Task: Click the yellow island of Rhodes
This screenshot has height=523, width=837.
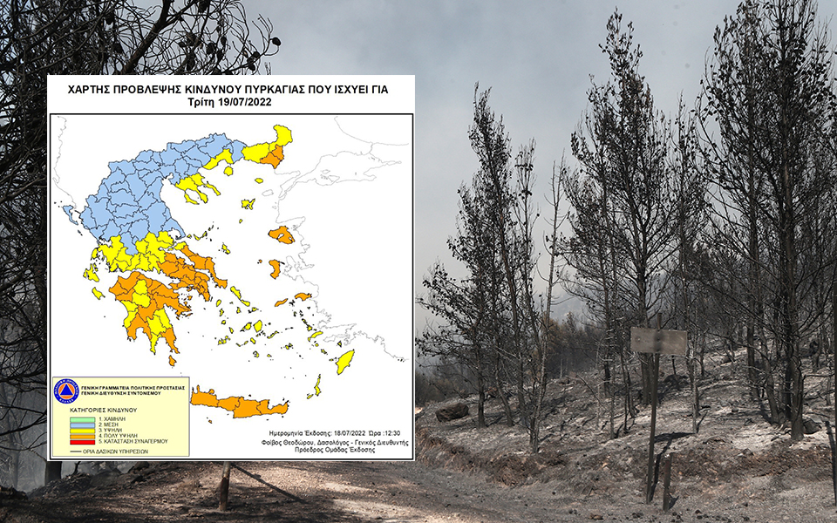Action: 345,360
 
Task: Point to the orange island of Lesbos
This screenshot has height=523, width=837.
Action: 282,234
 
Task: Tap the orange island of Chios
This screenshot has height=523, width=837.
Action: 276,268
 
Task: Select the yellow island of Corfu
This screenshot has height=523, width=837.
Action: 69,214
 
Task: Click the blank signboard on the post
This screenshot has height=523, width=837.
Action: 658,341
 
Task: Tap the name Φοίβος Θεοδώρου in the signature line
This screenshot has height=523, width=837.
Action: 289,442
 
